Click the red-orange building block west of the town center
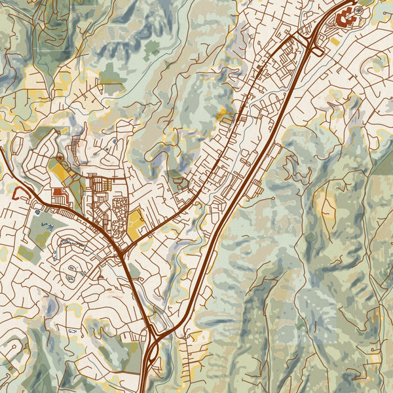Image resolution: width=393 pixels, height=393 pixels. pos(58,193)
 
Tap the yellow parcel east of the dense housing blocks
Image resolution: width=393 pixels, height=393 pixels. pos(136,225)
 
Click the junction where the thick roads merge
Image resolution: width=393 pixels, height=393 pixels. pos(122,248)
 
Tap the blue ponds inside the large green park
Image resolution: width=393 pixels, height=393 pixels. pos(45,226)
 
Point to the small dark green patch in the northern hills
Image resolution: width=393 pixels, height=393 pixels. pos(152,47)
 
